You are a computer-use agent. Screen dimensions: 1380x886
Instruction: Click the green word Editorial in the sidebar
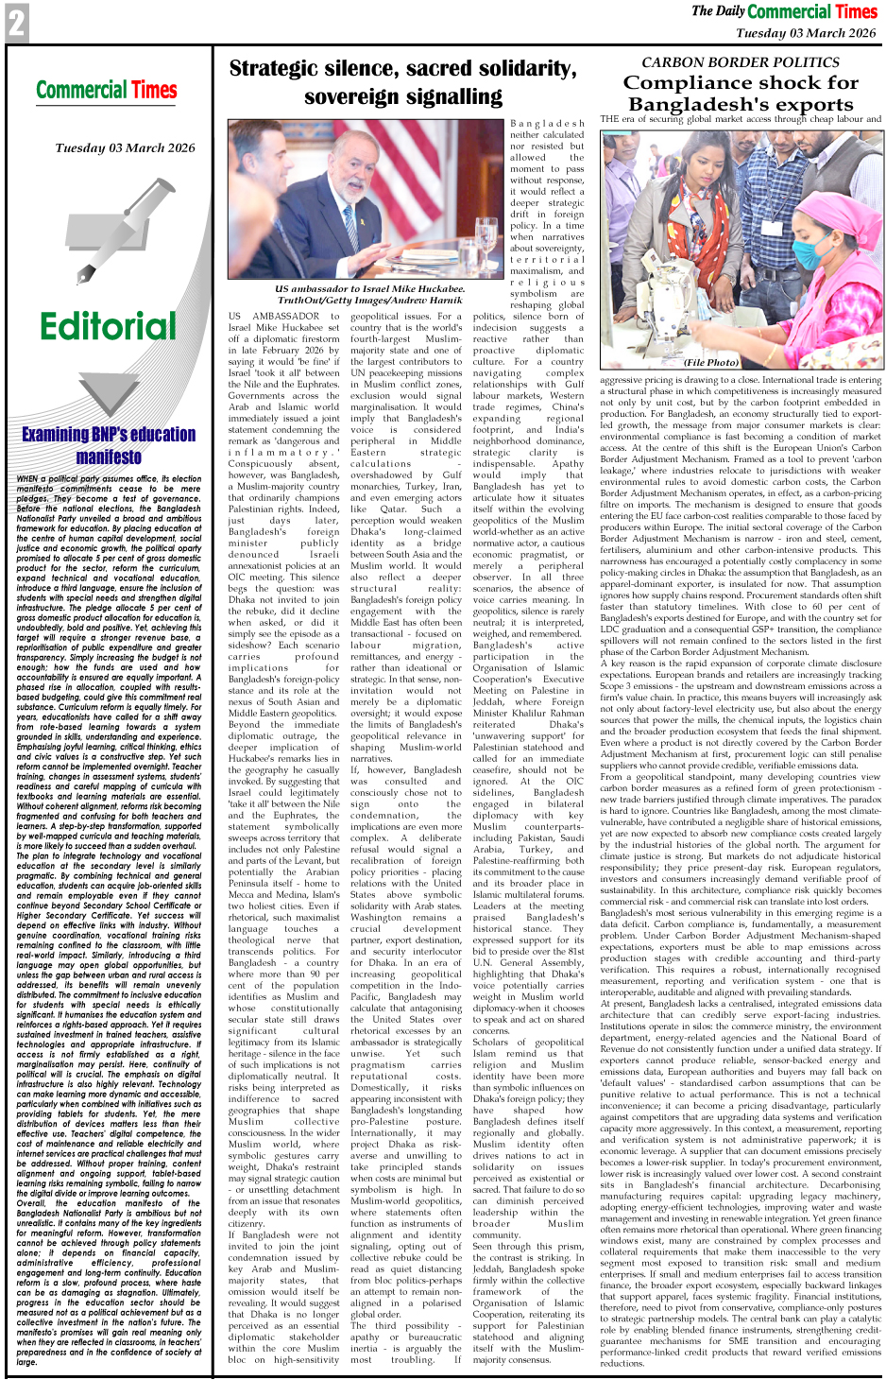click(108, 326)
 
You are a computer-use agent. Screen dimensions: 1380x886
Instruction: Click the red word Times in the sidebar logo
click(154, 91)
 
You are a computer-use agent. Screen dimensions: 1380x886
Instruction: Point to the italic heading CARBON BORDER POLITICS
click(740, 62)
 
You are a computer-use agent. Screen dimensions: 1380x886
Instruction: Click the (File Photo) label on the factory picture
click(711, 361)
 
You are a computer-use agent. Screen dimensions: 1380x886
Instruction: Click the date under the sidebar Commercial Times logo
click(125, 147)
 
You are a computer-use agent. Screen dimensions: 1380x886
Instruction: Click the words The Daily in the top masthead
click(717, 11)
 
